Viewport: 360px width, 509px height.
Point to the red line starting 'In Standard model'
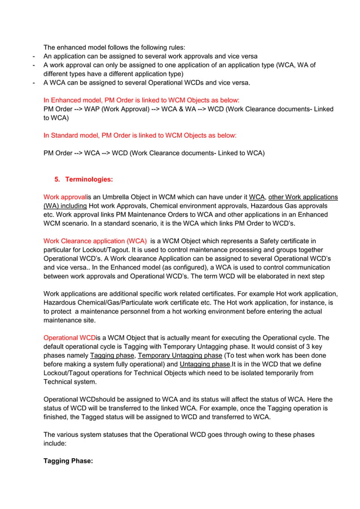pyautogui.click(x=140, y=135)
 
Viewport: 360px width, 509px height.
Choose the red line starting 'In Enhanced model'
pyautogui.click(x=141, y=100)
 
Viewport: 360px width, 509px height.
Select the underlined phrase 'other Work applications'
pyautogui.click(x=303, y=197)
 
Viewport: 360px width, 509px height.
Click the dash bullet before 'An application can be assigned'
pyautogui.click(x=35, y=56)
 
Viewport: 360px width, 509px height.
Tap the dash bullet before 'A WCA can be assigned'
pyautogui.click(x=35, y=83)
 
